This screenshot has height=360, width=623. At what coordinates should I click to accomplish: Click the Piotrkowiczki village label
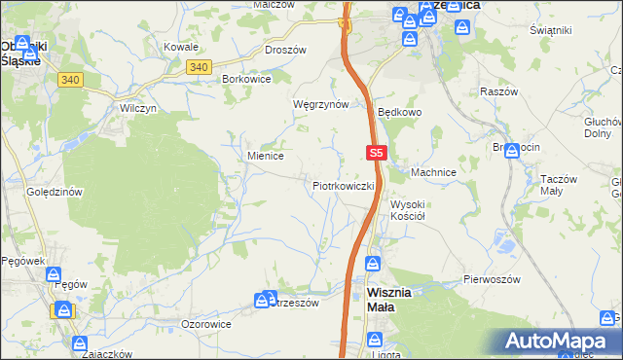(x=344, y=185)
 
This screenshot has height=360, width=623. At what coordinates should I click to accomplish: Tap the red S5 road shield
(x=378, y=153)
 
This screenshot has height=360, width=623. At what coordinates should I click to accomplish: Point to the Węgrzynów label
(x=320, y=104)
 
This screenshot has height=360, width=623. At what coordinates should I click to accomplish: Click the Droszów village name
(x=285, y=50)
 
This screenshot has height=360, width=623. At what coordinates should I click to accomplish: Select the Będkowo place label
(x=400, y=112)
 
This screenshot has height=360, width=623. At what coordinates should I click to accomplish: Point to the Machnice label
(x=433, y=172)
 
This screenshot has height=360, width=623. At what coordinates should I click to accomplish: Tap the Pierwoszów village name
(x=492, y=279)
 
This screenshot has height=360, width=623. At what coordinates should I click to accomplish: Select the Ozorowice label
(x=206, y=323)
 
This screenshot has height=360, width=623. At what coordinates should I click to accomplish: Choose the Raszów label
(x=497, y=90)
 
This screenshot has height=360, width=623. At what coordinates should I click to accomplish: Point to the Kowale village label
(x=181, y=47)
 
